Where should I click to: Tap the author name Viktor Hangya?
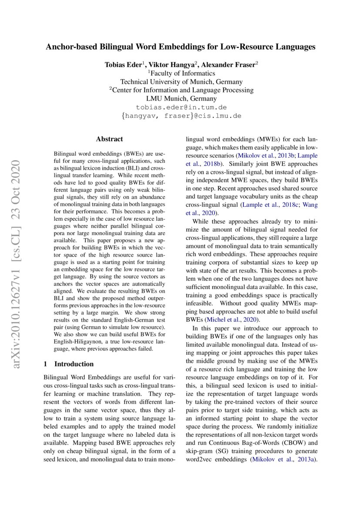[172, 64]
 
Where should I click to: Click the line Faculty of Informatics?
[182, 73]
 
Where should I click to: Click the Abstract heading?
[109, 139]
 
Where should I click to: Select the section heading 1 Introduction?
[69, 364]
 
